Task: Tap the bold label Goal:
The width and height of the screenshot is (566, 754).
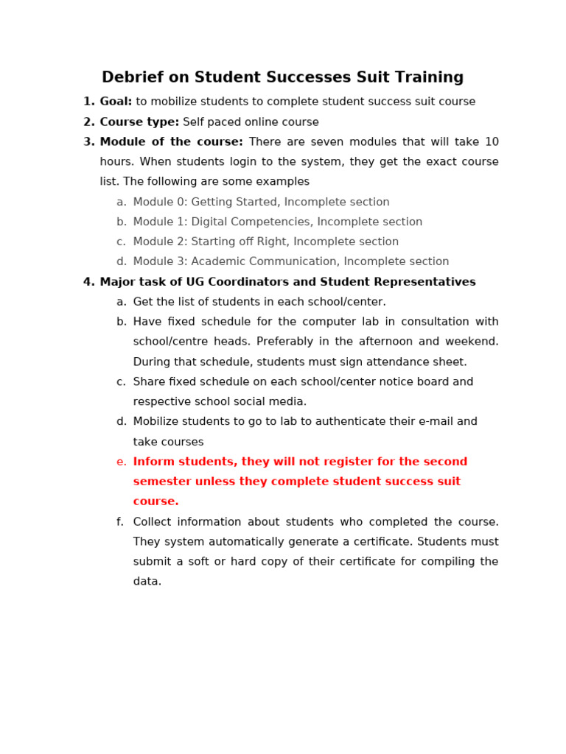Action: tap(116, 102)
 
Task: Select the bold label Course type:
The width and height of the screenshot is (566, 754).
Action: tap(139, 122)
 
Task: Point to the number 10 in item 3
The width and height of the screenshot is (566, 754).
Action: tap(491, 142)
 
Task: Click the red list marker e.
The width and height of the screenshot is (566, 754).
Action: tap(121, 462)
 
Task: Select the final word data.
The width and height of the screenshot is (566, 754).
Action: tap(147, 582)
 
